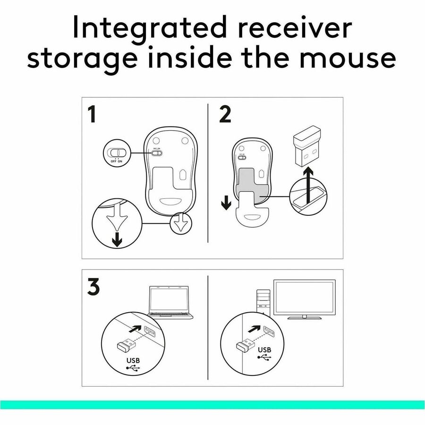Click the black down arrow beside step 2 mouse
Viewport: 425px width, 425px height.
coord(226,203)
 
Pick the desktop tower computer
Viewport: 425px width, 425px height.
coord(263,302)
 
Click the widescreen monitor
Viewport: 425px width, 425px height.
coord(305,299)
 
